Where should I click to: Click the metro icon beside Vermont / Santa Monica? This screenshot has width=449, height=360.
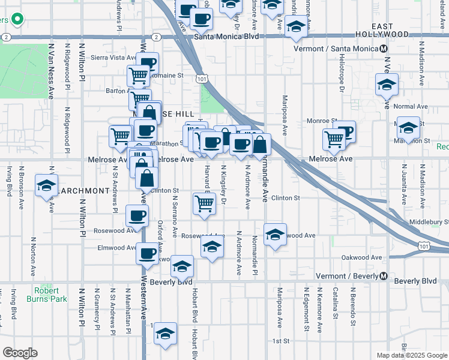[384, 49]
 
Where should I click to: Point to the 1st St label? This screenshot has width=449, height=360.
[281, 341]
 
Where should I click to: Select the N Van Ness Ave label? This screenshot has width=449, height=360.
[52, 71]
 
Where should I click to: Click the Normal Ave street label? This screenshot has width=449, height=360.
[412, 106]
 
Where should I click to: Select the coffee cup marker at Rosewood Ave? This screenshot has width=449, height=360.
[137, 216]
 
